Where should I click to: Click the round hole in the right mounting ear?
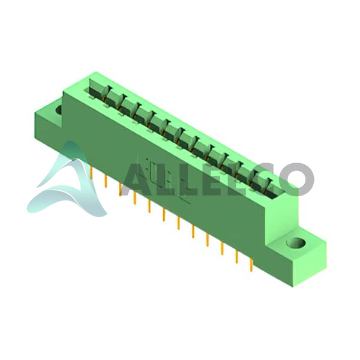(296, 243)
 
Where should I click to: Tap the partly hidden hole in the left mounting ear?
(59, 110)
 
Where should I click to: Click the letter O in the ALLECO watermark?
(296, 180)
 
